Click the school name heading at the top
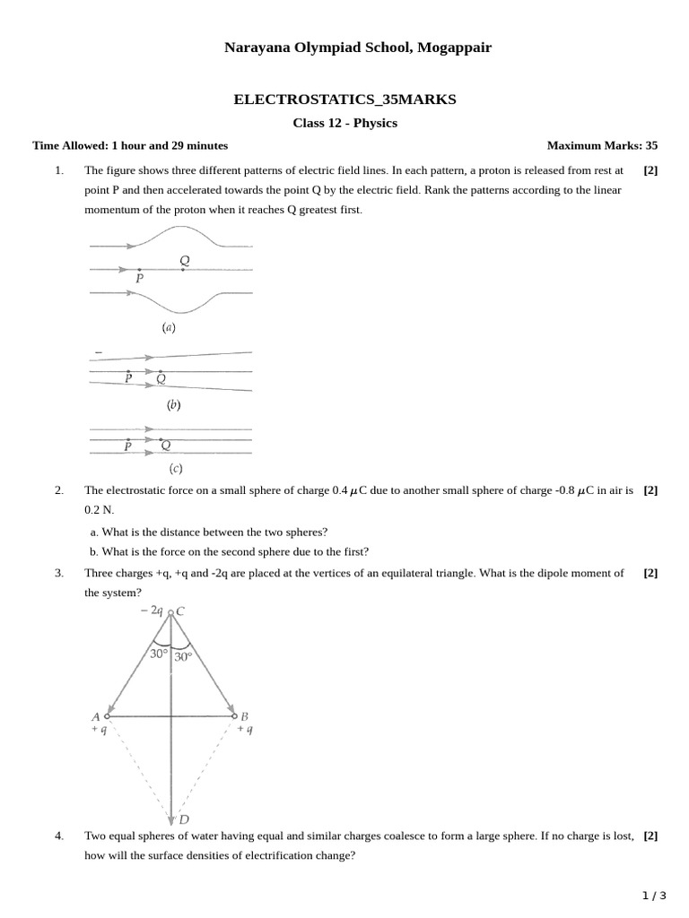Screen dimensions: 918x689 click(344, 48)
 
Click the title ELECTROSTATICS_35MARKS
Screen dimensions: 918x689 click(344, 100)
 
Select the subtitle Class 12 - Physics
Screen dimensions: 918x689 click(344, 123)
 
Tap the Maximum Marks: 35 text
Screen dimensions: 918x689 click(601, 145)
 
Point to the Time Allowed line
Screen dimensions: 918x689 click(130, 145)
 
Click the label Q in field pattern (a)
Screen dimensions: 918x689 click(184, 260)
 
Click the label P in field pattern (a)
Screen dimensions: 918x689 click(140, 279)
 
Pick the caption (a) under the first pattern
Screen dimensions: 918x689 click(169, 328)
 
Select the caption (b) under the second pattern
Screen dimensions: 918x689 click(173, 405)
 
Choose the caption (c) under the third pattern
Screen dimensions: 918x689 click(176, 468)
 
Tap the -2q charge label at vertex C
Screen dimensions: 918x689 click(151, 611)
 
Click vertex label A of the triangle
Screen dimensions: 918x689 click(95, 715)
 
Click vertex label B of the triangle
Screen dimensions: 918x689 click(245, 715)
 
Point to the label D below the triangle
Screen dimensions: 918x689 click(184, 819)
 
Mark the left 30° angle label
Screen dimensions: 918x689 click(159, 654)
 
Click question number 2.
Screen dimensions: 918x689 click(59, 490)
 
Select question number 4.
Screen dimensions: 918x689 click(59, 836)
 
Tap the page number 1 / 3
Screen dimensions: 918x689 click(654, 896)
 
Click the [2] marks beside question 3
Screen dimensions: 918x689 click(650, 573)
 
